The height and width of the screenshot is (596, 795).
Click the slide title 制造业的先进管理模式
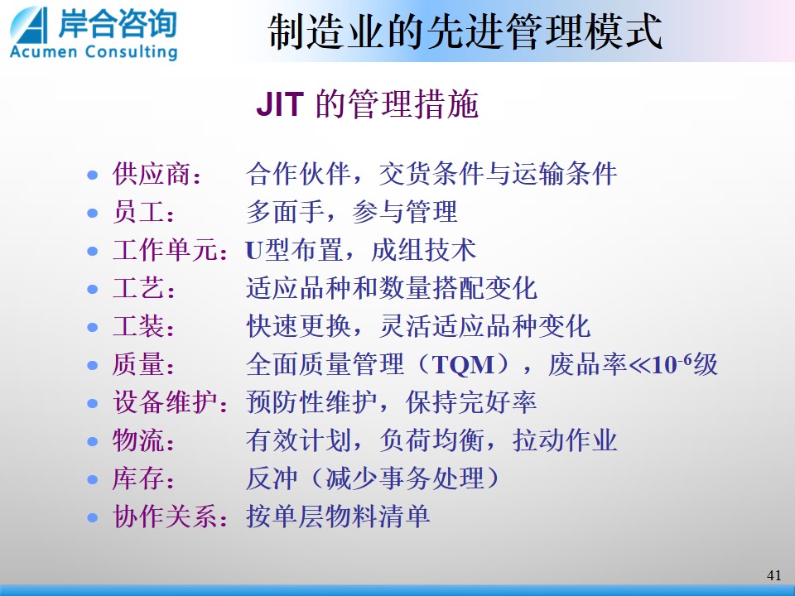point(465,31)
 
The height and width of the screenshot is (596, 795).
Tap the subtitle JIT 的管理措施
point(367,104)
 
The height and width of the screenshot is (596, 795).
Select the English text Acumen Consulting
point(94,51)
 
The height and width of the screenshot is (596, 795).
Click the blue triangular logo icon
point(29,25)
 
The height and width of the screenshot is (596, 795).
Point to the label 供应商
point(151,174)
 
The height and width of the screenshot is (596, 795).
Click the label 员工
point(138,212)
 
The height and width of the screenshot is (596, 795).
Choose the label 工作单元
point(164,250)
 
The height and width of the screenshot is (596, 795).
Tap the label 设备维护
point(164,402)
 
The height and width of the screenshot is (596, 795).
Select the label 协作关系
point(164,517)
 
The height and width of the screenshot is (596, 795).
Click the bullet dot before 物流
point(92,441)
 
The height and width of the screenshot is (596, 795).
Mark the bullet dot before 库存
point(92,479)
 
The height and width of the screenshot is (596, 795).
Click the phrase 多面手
point(286,212)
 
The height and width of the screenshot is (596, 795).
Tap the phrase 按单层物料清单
point(338,517)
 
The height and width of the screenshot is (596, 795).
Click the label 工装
point(138,326)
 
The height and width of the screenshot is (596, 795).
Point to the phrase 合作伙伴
point(299,174)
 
